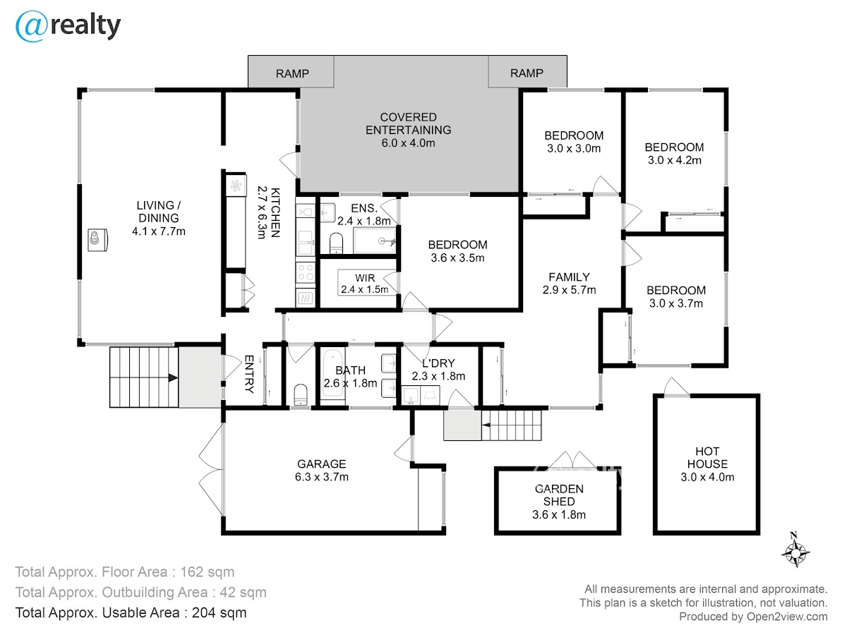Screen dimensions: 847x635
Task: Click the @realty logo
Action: pos(68,26)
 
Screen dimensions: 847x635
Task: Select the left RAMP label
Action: pos(292,73)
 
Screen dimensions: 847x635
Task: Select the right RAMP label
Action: pos(527,73)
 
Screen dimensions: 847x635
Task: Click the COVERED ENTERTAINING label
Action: pos(408,123)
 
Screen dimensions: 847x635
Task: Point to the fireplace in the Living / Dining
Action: pos(97,240)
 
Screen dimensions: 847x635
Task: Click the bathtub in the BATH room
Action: pos(332,373)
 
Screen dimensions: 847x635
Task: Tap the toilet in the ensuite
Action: pos(336,243)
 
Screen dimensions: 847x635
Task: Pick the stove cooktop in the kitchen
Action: pos(305,272)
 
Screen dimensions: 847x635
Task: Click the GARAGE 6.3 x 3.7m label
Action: pos(321,471)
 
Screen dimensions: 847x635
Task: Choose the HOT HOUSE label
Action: pos(707,458)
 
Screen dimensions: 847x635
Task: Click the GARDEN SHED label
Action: pos(559,495)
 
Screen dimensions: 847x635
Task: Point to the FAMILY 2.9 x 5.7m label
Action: pos(569,284)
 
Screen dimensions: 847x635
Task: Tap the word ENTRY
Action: pos(249,374)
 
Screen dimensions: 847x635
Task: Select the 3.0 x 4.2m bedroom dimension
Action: pos(675,160)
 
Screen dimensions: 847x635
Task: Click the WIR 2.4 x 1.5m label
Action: pos(365,284)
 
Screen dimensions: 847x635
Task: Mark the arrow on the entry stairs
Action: pos(173,378)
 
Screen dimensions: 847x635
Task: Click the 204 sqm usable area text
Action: pos(219,613)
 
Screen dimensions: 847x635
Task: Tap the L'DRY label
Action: pos(438,363)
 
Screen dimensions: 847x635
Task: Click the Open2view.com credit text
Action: pos(787,617)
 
